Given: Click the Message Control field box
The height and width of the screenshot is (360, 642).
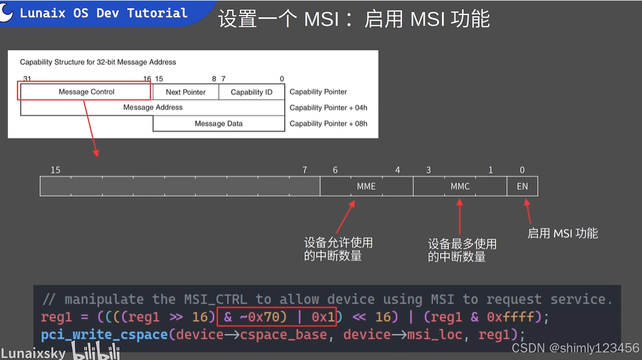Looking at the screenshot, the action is coord(86,91).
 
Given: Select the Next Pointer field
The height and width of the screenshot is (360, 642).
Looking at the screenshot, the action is coord(186,92).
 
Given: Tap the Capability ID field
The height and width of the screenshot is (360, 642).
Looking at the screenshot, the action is coord(252,92).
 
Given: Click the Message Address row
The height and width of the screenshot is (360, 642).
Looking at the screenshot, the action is coord(153,108).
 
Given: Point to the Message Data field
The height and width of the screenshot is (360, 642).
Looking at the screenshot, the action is coord(219,123).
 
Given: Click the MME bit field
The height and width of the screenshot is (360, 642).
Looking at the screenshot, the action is coord(366,186).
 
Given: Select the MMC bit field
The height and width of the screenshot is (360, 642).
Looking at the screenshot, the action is coord(460,186).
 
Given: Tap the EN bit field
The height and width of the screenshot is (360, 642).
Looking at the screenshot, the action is coord(522,186).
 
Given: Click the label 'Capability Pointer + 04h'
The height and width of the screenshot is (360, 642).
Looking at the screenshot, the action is coord(328,108).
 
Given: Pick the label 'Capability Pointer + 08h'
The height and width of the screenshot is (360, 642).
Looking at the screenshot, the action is coord(328,123).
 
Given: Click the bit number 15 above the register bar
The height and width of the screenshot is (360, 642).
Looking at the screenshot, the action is coord(55,170).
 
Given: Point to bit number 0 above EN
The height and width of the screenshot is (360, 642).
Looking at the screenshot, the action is coord(522,170).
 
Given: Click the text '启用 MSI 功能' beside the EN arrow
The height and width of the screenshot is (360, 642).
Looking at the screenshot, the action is coord(562,233).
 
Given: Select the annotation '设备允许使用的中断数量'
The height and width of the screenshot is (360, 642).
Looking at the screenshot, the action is coord(338,249).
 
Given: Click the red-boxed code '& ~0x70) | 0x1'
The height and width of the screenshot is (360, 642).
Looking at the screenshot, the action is coord(276,317).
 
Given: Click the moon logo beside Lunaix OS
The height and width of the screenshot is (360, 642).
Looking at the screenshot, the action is coord(7,13).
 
